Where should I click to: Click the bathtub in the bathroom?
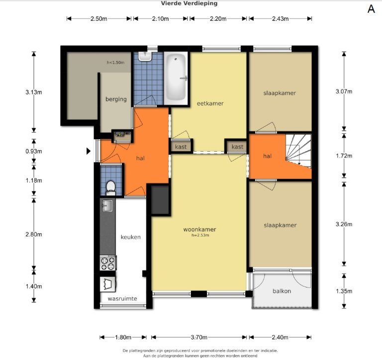[x=176, y=78]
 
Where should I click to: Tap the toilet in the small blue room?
[x=111, y=188]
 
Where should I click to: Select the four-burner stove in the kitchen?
[x=107, y=263]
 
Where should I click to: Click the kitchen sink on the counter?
[x=107, y=205]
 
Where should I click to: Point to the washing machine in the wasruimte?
[x=107, y=284]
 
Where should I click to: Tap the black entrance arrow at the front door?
[x=89, y=151]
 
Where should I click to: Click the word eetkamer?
[x=210, y=103]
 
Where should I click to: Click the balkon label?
[x=282, y=291]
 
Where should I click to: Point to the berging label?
[x=116, y=99]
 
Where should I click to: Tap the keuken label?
[x=131, y=237]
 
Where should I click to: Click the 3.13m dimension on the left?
[x=34, y=92]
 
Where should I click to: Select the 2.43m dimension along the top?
[x=280, y=19]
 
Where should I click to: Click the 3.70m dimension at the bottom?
[x=199, y=337]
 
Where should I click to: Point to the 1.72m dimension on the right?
[x=344, y=156]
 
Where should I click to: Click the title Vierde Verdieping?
[x=189, y=3]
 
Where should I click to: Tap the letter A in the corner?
[x=371, y=9]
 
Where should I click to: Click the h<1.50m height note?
[x=115, y=62]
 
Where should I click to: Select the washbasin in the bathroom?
[x=145, y=56]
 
